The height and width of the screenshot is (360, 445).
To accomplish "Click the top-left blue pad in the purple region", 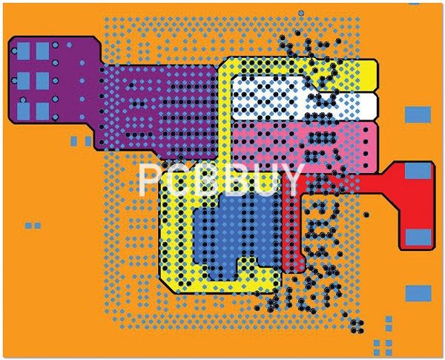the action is pyautogui.click(x=23, y=51).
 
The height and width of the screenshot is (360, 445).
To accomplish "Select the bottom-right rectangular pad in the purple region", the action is pyautogui.click(x=42, y=111).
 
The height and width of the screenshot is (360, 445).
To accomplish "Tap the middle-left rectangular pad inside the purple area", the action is pyautogui.click(x=23, y=81).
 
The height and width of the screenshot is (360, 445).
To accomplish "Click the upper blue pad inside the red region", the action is pyautogui.click(x=418, y=171).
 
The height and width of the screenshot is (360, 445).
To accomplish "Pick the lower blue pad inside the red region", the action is pyautogui.click(x=418, y=238).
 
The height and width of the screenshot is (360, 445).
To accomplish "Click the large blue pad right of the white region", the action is pyautogui.click(x=418, y=115).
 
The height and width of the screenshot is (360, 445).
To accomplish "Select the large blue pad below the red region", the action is pyautogui.click(x=418, y=293).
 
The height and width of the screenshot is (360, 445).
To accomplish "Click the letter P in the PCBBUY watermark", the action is pyautogui.click(x=150, y=180).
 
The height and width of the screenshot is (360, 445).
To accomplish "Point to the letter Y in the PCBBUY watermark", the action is pyautogui.click(x=291, y=180).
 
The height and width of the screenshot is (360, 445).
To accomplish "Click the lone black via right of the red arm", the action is pyautogui.click(x=366, y=215).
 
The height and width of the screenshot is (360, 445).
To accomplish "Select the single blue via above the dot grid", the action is pyautogui.click(x=301, y=13).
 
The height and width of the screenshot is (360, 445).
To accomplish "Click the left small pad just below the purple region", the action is pyautogui.click(x=73, y=141).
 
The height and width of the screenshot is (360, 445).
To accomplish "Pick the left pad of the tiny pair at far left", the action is pyautogui.click(x=28, y=226).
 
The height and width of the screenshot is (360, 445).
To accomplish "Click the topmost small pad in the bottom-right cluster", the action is pyautogui.click(x=389, y=319).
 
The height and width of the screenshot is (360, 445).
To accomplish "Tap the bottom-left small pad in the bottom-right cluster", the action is pyautogui.click(x=377, y=353).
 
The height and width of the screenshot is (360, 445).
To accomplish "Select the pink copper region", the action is pyautogui.click(x=304, y=147).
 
